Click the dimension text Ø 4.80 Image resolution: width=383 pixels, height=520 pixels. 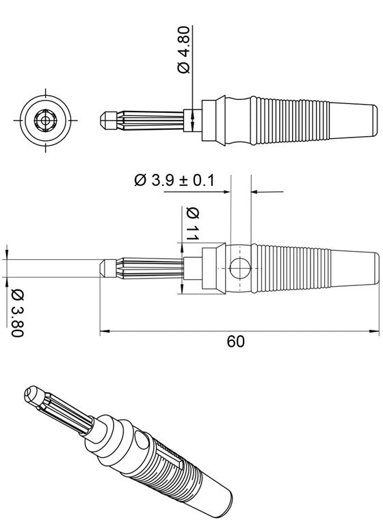183,60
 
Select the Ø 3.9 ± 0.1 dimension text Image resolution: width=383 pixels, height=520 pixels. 174,180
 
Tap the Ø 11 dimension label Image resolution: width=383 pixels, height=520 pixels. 191,223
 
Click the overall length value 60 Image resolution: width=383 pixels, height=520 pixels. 235,341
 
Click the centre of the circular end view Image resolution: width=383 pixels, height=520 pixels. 46,119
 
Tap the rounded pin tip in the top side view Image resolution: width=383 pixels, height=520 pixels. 105,119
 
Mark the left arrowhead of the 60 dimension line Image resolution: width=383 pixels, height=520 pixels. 104,333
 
